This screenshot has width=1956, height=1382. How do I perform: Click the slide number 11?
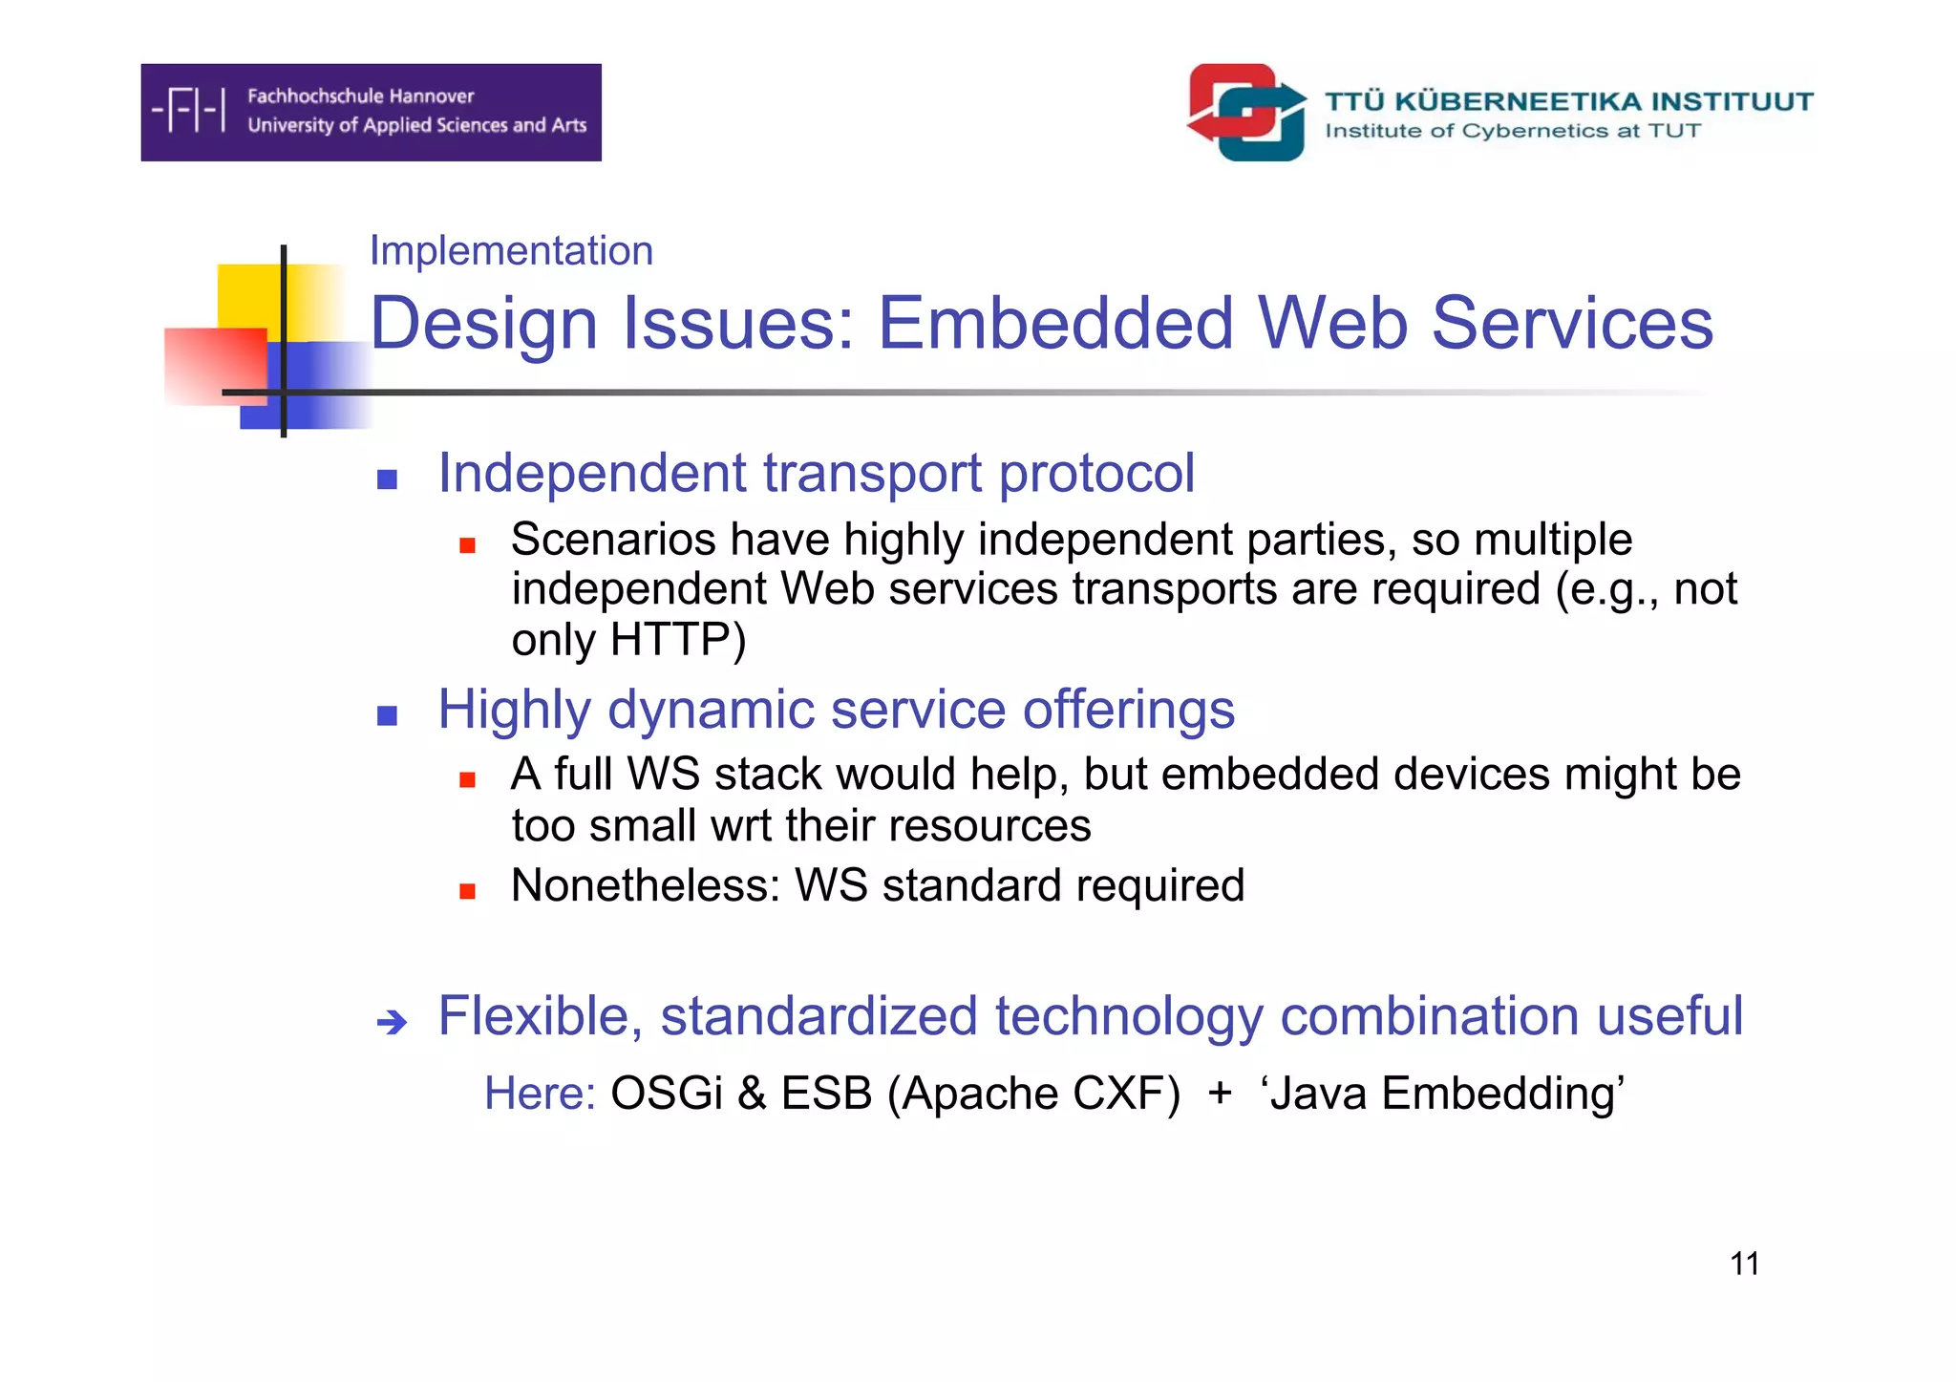(1743, 1264)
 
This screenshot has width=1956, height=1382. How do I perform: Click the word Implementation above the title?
(511, 251)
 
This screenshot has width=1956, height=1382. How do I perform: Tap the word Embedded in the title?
(1055, 323)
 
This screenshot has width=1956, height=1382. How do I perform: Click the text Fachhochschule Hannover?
(360, 96)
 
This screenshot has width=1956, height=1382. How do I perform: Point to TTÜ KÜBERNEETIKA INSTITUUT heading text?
(1567, 101)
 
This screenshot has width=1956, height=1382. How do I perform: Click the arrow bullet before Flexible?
(392, 1023)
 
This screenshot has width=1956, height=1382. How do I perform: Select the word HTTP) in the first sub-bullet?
(678, 639)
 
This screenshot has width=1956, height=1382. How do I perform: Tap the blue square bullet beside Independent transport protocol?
(387, 479)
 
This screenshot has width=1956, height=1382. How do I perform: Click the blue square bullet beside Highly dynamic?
(387, 715)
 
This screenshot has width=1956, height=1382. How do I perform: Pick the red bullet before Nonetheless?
(467, 891)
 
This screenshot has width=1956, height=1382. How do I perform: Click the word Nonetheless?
(646, 885)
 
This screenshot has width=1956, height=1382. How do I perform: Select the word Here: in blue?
(540, 1094)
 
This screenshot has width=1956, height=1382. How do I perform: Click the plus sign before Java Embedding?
(1220, 1094)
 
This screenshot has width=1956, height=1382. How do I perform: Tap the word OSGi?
(666, 1094)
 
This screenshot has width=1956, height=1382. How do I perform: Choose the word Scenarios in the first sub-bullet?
(613, 540)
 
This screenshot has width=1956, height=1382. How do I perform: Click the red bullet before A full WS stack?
(467, 780)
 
